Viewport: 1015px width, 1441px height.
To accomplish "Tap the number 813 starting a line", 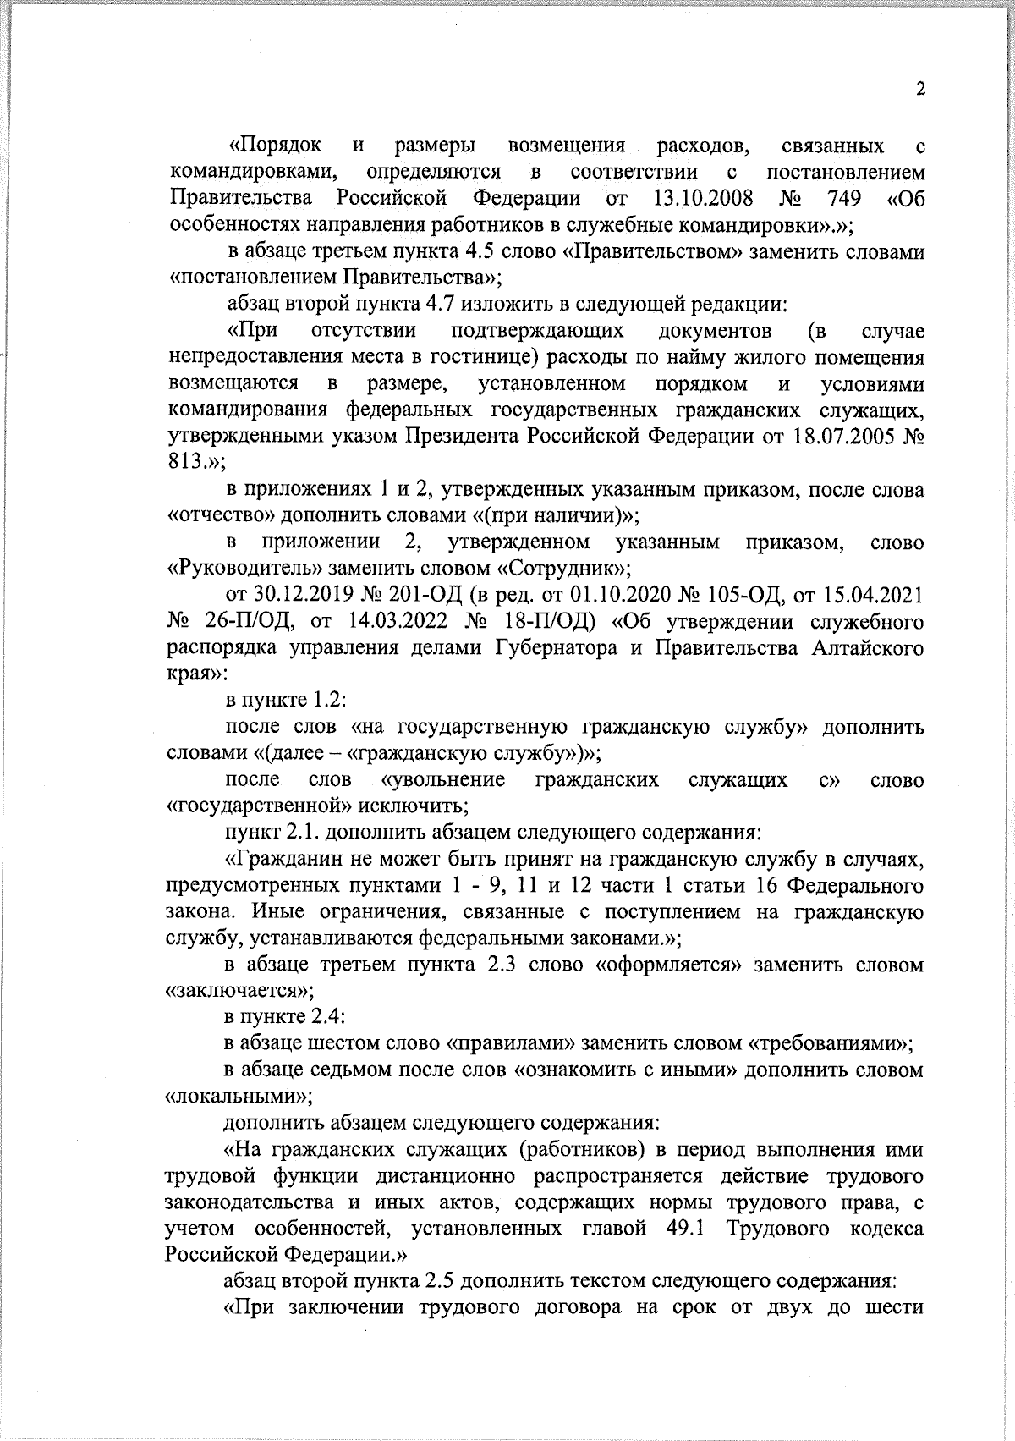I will tap(186, 463).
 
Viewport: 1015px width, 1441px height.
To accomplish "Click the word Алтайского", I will tap(867, 649).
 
